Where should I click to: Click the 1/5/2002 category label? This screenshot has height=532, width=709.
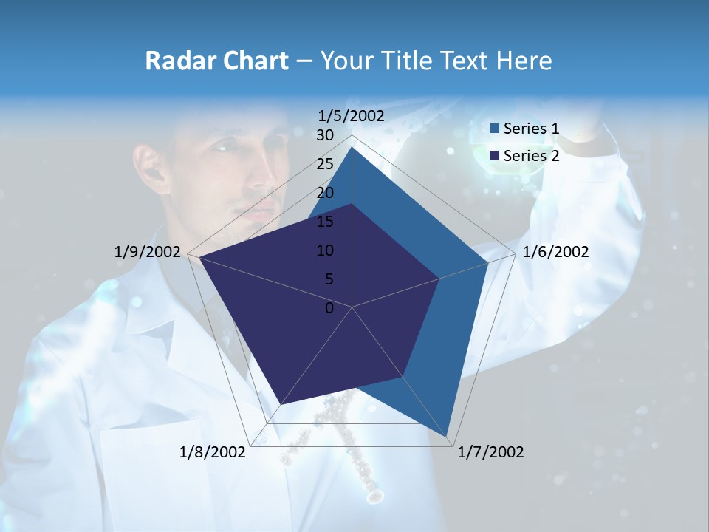352,116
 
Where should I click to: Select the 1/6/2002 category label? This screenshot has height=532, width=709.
555,252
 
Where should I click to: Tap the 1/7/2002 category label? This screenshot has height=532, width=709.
490,452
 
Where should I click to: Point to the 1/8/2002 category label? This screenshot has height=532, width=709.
213,452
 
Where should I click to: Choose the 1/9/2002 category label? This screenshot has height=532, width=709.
148,252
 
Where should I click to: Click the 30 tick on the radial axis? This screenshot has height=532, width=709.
325,135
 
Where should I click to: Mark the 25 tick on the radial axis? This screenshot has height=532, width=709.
325,164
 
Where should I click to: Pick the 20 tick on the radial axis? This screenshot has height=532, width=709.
325,193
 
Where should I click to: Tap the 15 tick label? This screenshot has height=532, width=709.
325,222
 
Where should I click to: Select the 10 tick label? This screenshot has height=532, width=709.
325,250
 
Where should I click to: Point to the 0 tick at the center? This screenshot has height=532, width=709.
329,308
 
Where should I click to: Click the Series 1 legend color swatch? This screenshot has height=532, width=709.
494,129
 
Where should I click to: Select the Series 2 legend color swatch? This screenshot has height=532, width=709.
494,156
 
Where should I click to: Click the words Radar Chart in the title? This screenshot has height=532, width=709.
216,61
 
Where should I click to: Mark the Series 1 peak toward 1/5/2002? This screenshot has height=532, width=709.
352,147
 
